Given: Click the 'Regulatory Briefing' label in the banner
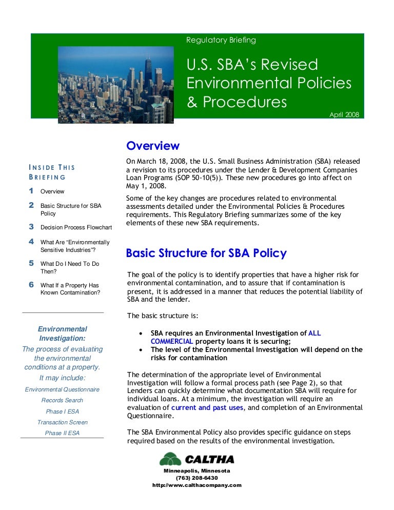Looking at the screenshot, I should [x=221, y=40].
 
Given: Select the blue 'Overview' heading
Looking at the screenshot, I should [x=153, y=146].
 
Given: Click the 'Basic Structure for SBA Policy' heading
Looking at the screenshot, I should [x=206, y=253].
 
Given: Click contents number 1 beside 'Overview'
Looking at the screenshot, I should [x=31, y=191].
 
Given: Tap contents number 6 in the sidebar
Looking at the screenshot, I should [x=31, y=284].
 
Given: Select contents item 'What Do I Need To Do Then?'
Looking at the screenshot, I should [x=70, y=267].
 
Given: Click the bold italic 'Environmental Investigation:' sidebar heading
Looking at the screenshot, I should [x=63, y=334].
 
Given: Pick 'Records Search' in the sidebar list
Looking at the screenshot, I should [x=63, y=400].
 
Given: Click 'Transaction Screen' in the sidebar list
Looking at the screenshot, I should [x=63, y=422].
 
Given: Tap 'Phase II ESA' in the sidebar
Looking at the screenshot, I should [x=63, y=434].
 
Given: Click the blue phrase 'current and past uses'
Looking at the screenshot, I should [x=208, y=408].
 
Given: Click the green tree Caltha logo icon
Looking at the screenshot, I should [x=170, y=459].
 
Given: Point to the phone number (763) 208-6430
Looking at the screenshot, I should [x=197, y=478].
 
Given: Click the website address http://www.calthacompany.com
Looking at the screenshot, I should [x=197, y=485].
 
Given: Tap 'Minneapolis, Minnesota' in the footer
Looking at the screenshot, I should [x=197, y=470].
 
